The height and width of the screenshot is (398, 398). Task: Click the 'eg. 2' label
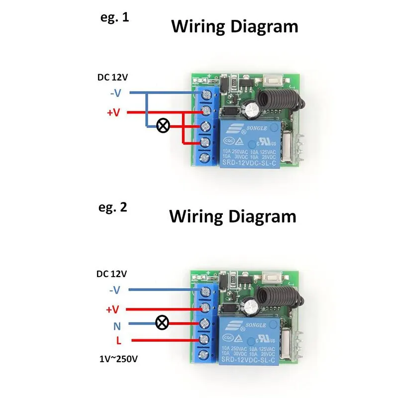pyautogui.click(x=113, y=207)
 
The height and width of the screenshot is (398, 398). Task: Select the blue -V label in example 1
pyautogui.click(x=114, y=93)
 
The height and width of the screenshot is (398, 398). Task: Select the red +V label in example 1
pyautogui.click(x=114, y=112)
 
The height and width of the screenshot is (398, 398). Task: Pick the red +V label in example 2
pyautogui.click(x=113, y=309)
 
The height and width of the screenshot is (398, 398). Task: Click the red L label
pyautogui.click(x=118, y=341)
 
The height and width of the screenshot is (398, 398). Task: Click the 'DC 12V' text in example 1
pyautogui.click(x=112, y=77)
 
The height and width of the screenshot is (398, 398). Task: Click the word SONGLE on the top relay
pyautogui.click(x=262, y=127)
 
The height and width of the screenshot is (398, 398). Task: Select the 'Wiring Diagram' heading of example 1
pyautogui.click(x=235, y=26)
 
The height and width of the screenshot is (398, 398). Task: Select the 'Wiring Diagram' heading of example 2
pyautogui.click(x=232, y=216)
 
